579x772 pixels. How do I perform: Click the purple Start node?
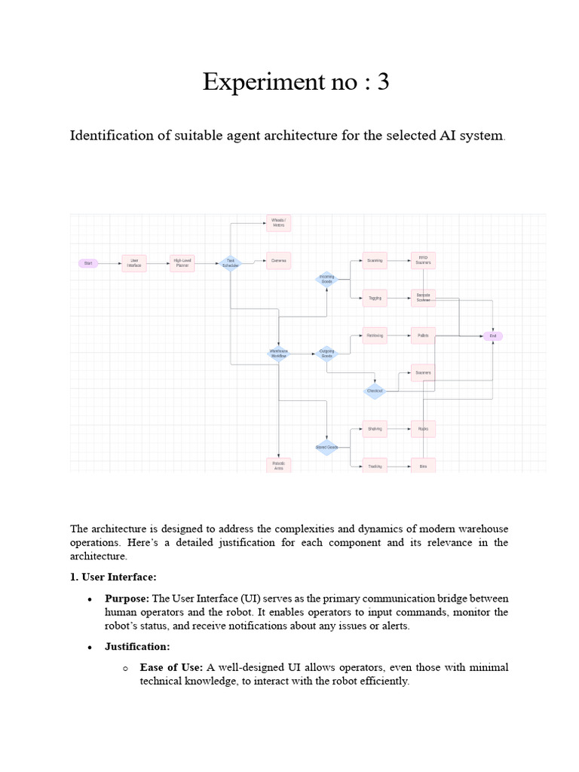coord(88,263)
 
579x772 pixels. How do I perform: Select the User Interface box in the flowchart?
coord(134,262)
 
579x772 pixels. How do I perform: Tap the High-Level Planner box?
coord(182,262)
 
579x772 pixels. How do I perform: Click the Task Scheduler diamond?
coord(231,263)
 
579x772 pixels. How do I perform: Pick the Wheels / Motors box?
coord(278,222)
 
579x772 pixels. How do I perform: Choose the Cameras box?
coord(278,261)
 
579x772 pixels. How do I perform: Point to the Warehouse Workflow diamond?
coord(279,353)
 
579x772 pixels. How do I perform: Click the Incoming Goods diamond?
coord(326,280)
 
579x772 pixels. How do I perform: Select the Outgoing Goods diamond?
coord(326,353)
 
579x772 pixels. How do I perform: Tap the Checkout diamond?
coord(375,391)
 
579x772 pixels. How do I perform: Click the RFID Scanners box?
coord(423,261)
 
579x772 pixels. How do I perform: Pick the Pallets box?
coord(423,335)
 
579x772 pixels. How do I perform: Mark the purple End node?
coord(493,335)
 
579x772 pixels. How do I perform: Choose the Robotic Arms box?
coord(278,465)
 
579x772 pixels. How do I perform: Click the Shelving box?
coord(375,429)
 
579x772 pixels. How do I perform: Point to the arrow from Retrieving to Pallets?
coord(399,335)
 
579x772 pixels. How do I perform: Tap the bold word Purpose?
coord(127,598)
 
